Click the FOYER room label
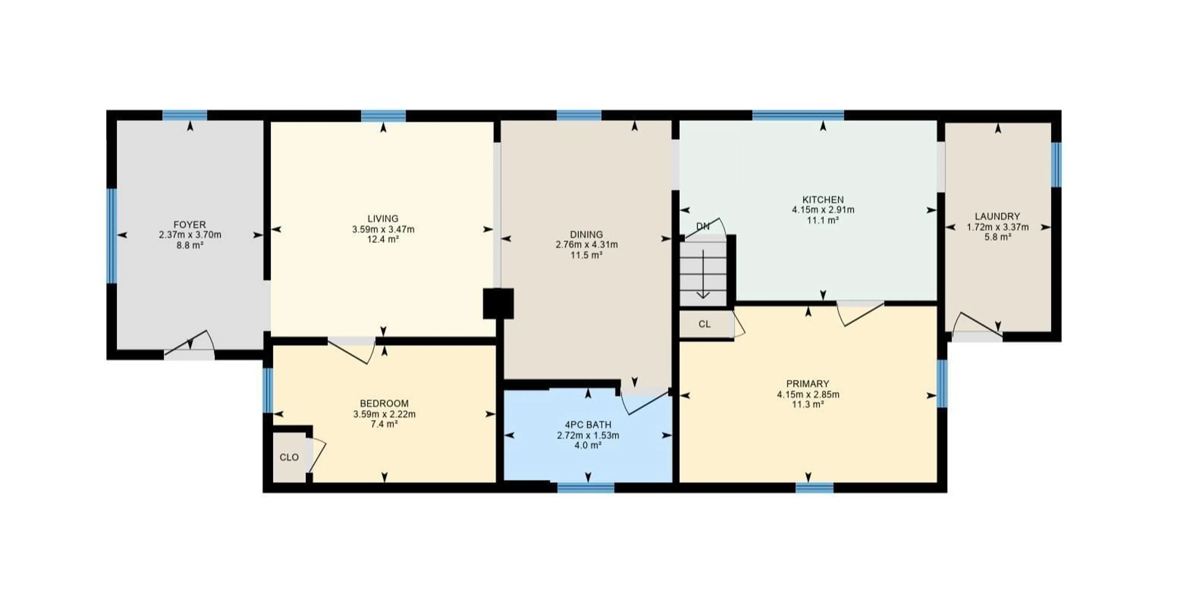(190, 225)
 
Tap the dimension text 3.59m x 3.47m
(383, 229)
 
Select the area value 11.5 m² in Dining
(586, 255)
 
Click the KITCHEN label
(823, 200)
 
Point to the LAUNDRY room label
(997, 216)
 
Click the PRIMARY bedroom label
(807, 384)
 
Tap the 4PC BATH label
(588, 424)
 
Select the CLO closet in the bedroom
(289, 457)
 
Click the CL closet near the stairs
(704, 324)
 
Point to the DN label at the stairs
(702, 226)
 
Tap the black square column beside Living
(498, 304)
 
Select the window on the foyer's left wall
(111, 236)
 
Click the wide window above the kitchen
(798, 115)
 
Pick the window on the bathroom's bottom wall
(586, 487)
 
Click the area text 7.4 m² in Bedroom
(384, 424)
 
